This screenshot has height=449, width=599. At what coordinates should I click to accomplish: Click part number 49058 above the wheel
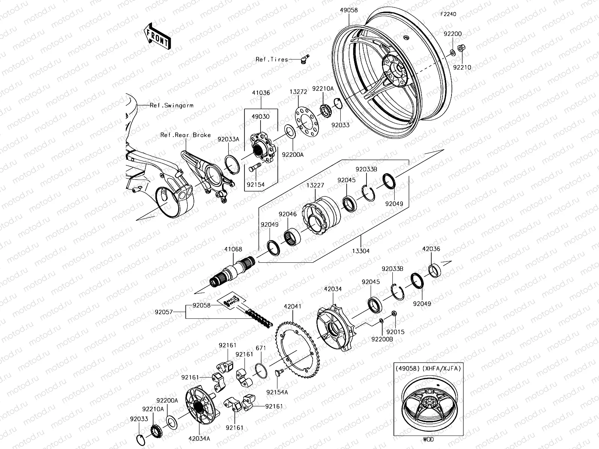pyautogui.click(x=349, y=10)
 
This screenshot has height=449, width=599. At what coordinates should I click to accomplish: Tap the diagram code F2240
pyautogui.click(x=448, y=14)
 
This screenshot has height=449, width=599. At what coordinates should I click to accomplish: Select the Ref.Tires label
pyautogui.click(x=272, y=59)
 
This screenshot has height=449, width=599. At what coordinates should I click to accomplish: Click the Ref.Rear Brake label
pyautogui.click(x=185, y=135)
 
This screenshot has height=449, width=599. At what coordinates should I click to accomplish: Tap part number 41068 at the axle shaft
pyautogui.click(x=233, y=249)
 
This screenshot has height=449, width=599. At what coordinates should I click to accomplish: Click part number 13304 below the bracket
pyautogui.click(x=361, y=251)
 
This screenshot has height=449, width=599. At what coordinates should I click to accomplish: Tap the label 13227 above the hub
pyautogui.click(x=315, y=185)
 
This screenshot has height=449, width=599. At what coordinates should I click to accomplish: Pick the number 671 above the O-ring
pyautogui.click(x=261, y=348)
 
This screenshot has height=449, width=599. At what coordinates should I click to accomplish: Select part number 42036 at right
pyautogui.click(x=431, y=249)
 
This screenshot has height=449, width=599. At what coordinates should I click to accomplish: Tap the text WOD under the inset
pyautogui.click(x=428, y=439)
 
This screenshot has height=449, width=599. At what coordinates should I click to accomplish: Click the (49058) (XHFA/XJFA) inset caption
pyautogui.click(x=428, y=368)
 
